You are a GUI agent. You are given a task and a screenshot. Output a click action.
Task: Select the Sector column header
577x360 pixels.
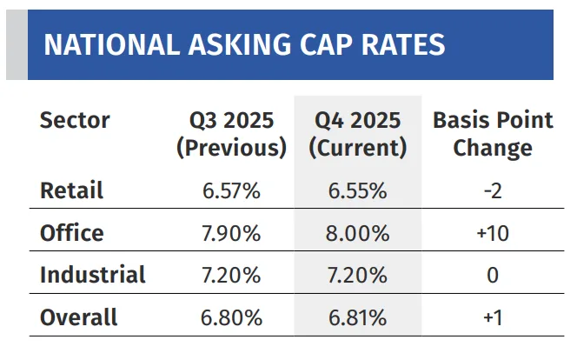(75, 120)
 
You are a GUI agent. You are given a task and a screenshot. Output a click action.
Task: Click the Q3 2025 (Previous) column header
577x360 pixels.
(231, 134)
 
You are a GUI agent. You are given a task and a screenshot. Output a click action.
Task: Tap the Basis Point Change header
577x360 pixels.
(493, 134)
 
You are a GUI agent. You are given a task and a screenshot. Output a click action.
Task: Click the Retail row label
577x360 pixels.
(71, 190)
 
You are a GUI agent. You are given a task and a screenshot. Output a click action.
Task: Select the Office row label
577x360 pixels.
(71, 233)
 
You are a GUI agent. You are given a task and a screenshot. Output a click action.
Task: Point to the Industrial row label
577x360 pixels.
(92, 276)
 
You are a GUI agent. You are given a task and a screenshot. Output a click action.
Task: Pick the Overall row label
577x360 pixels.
(78, 318)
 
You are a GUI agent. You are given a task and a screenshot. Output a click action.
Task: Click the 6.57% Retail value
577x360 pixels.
(231, 190)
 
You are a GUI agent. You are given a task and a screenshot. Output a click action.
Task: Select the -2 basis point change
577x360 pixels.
(493, 190)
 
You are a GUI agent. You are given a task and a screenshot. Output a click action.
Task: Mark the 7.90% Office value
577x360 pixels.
(231, 233)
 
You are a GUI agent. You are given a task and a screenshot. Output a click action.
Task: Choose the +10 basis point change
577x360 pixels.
(493, 233)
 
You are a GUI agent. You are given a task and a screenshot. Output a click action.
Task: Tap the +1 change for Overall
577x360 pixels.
(493, 318)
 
